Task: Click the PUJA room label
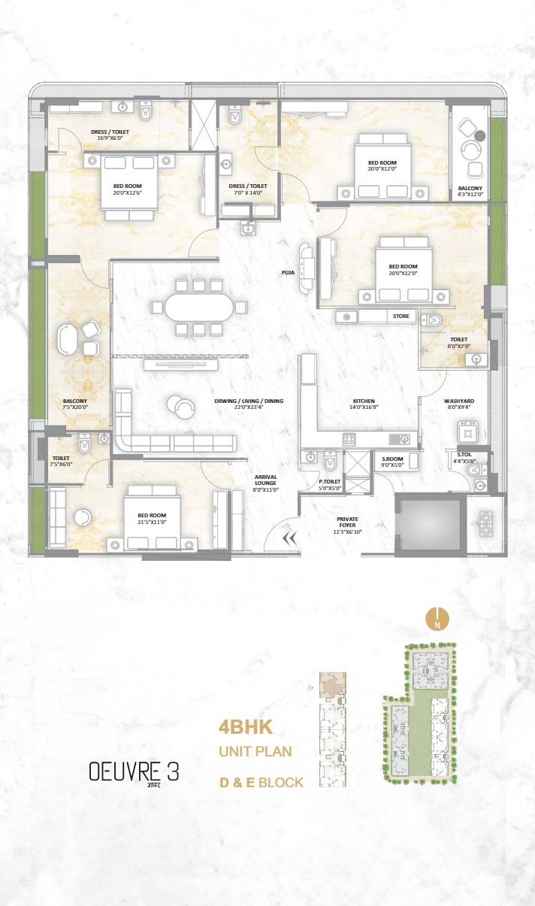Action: (288, 272)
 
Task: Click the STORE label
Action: (401, 317)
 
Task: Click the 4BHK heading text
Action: (245, 727)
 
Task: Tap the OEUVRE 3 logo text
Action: (135, 771)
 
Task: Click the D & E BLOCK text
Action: (261, 783)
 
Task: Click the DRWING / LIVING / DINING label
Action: (249, 401)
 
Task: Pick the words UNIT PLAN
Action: (255, 751)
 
